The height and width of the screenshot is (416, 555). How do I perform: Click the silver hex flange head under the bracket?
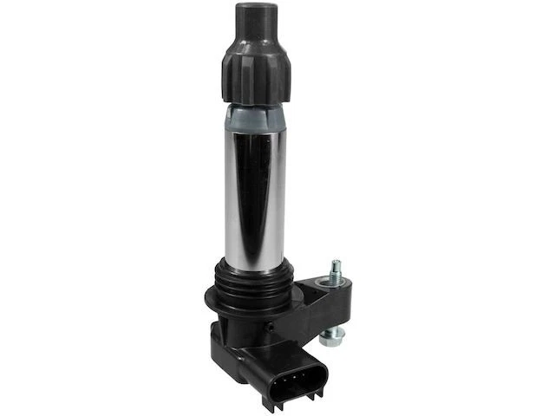335,334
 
